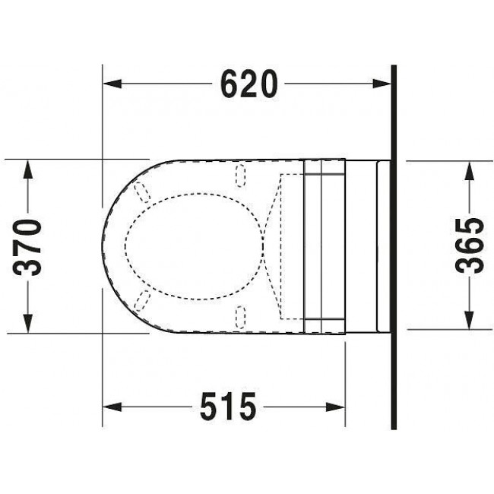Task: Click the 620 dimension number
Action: tap(249, 84)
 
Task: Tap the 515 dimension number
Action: tap(228, 407)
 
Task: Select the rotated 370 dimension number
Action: tap(27, 247)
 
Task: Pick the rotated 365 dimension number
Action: tap(470, 245)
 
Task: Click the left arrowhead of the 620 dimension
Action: tap(112, 84)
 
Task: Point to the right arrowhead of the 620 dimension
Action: tap(382, 84)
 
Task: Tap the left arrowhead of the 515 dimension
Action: tap(112, 407)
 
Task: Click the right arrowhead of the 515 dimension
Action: tap(335, 407)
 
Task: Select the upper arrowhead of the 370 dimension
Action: tap(27, 170)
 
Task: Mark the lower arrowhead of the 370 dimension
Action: tap(27, 323)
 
